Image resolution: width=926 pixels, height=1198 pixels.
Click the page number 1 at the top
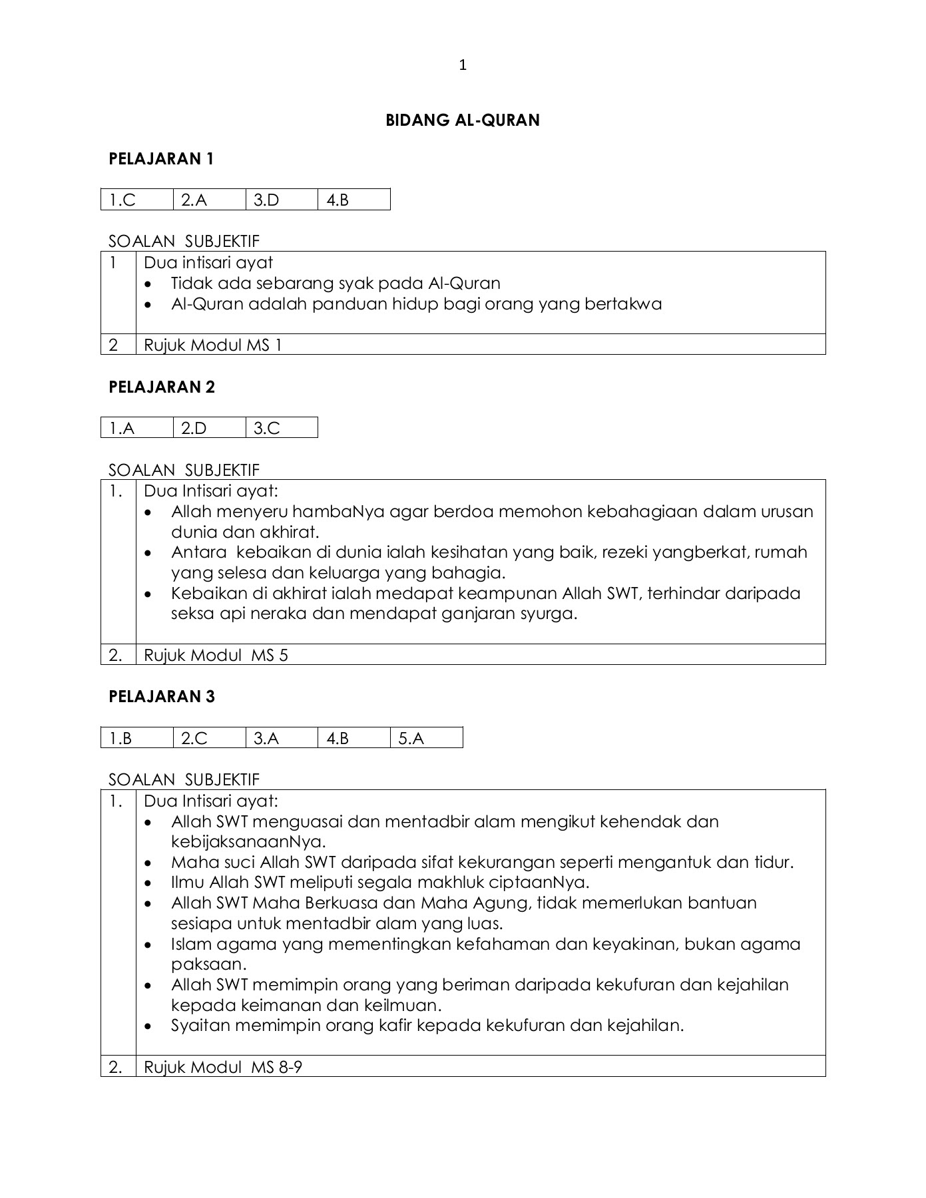point(463,65)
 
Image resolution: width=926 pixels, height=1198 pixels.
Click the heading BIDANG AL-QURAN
point(463,120)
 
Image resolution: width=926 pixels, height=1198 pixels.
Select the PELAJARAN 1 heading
point(161,159)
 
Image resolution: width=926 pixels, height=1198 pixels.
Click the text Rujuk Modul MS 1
point(213,345)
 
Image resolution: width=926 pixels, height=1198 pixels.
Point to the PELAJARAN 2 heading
point(162,388)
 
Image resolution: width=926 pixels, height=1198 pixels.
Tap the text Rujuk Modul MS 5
point(216,656)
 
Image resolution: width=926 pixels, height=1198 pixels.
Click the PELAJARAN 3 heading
point(162,697)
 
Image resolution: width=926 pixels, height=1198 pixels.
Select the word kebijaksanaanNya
point(248,843)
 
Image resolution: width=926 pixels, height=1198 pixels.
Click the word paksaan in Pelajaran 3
point(208,964)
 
